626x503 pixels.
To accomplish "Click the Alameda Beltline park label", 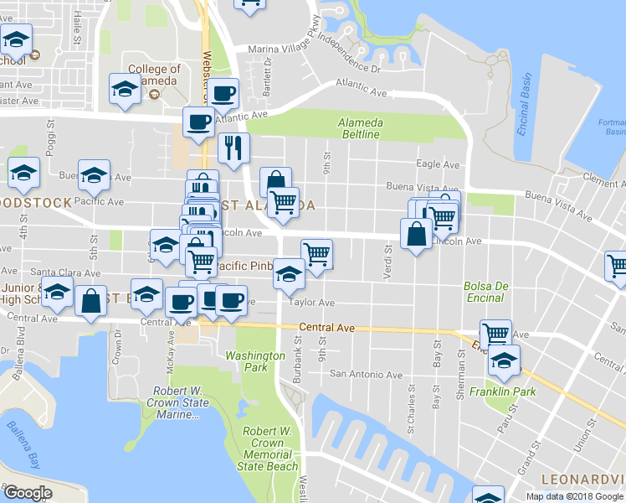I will tap(359, 128).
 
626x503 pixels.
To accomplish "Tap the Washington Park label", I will tap(256, 361).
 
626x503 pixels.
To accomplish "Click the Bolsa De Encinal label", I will tap(486, 292).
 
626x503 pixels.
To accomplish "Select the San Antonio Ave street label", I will tap(366, 374).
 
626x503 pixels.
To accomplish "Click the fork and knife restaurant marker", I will tap(233, 148).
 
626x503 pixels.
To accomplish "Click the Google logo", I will tap(28, 493).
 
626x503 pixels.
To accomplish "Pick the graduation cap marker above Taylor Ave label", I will tap(290, 275).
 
